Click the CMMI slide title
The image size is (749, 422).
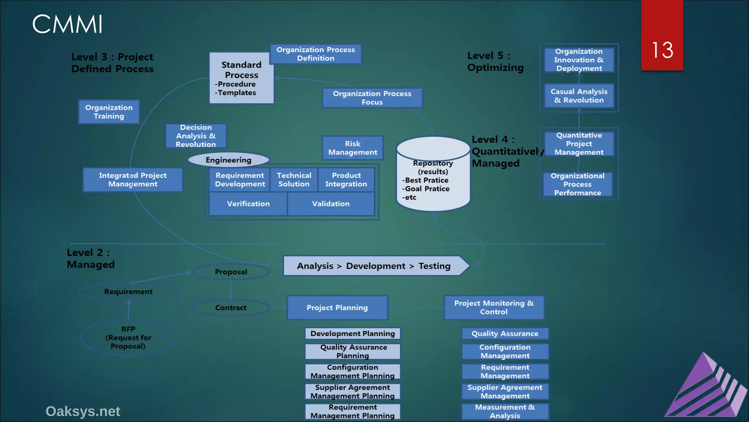point(67,25)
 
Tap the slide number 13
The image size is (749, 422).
point(662,50)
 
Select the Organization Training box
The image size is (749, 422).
point(109,112)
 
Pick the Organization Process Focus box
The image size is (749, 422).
point(372,98)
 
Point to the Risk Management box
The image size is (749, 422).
point(353,148)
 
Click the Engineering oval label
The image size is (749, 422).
point(229,160)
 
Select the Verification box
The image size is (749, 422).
point(248,204)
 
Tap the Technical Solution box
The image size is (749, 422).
point(294,179)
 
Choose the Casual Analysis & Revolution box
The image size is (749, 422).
point(579,96)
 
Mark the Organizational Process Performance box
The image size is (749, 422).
point(577,184)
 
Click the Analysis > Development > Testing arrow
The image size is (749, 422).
point(374,266)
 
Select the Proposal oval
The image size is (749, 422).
point(231,272)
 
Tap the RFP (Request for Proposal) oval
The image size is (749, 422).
point(128,337)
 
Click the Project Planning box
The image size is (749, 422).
point(337,308)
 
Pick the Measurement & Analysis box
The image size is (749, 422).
point(505,411)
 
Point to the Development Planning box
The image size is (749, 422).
point(353,333)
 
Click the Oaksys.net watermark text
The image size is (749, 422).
point(83,411)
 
